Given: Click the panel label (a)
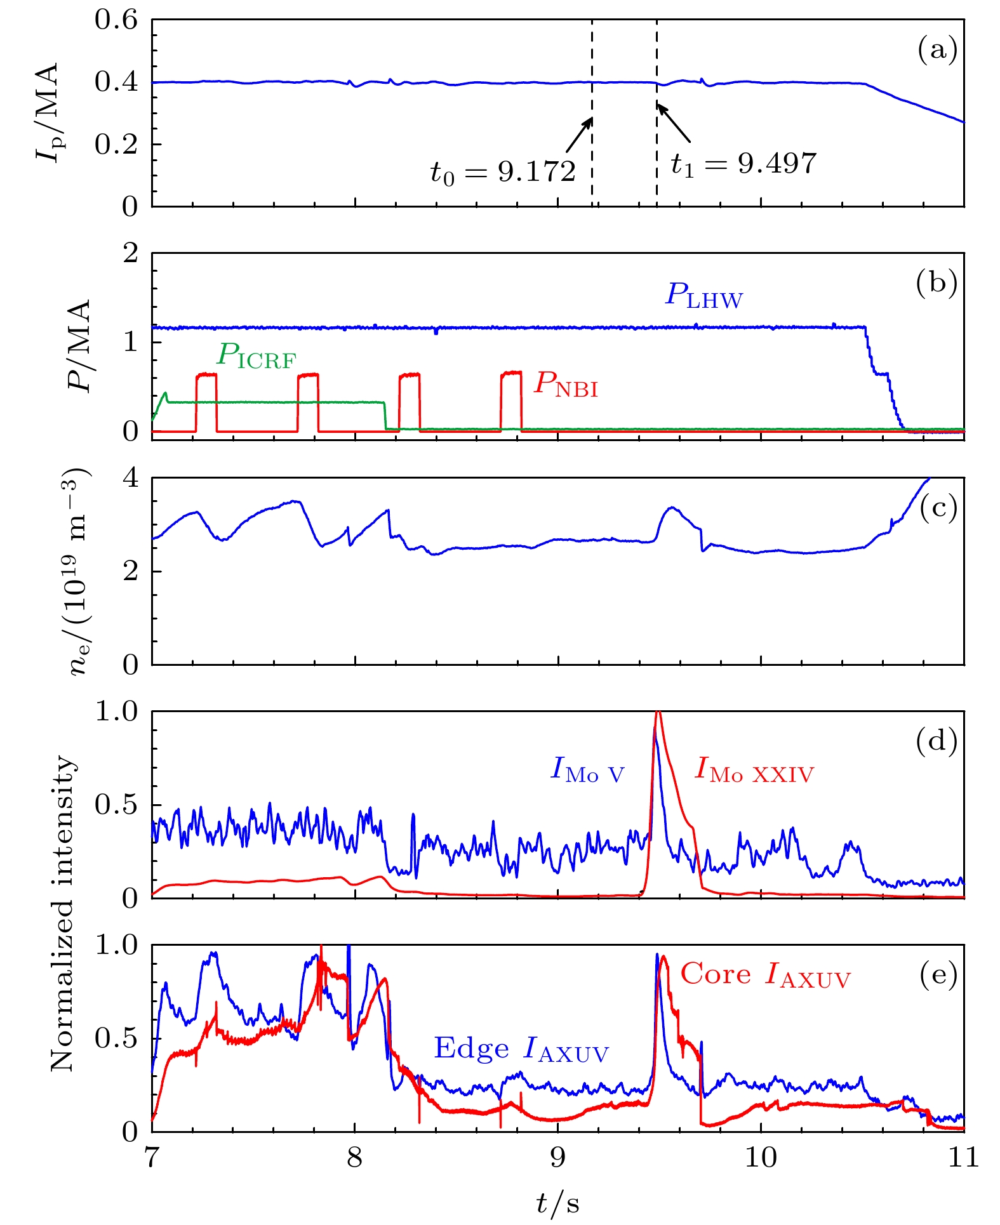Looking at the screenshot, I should coord(937,50).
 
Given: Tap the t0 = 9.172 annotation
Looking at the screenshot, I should coord(503,171).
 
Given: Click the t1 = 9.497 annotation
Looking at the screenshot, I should coord(743,164).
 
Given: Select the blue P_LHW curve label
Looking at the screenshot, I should coord(703,296).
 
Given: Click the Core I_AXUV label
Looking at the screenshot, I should coord(765,975).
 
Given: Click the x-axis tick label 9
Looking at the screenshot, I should coord(557,1158).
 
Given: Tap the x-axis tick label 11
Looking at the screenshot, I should coord(963,1158).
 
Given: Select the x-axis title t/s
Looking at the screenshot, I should coord(557,1202).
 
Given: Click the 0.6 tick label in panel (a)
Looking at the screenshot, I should coord(116,20).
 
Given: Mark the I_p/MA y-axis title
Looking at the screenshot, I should coord(48,113).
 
